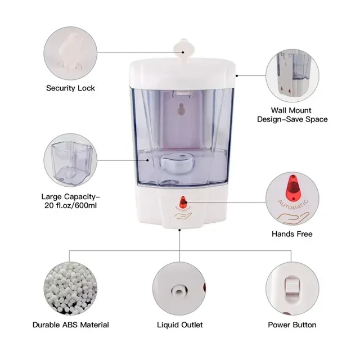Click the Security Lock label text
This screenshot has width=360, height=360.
[x=70, y=88]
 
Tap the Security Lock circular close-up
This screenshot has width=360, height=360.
[x=70, y=53]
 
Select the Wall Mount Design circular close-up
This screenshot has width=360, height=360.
[x=292, y=75]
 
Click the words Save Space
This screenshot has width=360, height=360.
[x=308, y=119]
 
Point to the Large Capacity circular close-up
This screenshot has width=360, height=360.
[x=70, y=160]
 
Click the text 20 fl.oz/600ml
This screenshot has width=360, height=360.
[x=70, y=205]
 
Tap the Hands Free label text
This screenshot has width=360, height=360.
[x=292, y=234]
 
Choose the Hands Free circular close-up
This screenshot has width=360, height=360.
[x=292, y=199]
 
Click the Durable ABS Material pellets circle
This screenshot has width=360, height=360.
[x=70, y=289]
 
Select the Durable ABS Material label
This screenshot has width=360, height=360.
[x=71, y=325]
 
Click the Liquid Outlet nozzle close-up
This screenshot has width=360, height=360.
[x=179, y=289]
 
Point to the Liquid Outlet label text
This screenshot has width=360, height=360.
[x=180, y=325]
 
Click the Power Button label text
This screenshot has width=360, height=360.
[x=292, y=325]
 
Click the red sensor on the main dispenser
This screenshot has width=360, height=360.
[x=183, y=201]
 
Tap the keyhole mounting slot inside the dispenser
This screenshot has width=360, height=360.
[x=181, y=109]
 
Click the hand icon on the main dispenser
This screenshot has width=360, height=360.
[x=183, y=216]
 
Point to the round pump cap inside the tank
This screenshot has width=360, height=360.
[x=177, y=163]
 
